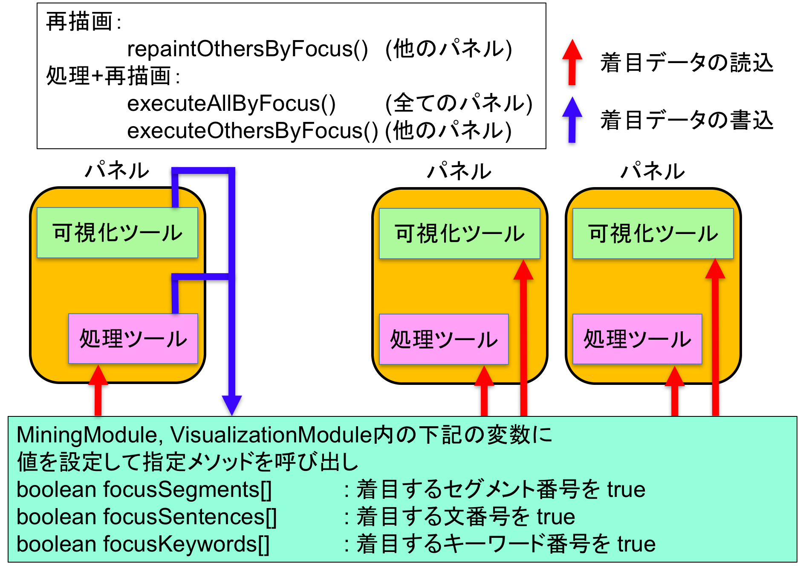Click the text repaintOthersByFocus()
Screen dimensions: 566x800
coord(247,49)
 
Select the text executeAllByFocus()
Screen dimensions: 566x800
coord(231,104)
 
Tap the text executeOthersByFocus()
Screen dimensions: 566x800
coord(252,130)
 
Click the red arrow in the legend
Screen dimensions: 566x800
coord(572,62)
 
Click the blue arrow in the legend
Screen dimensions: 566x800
coord(572,119)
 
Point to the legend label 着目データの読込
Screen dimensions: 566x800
coord(686,63)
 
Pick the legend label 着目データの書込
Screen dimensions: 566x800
coord(686,120)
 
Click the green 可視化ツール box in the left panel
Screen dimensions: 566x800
coord(117,233)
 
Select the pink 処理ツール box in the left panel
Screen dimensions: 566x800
coord(133,339)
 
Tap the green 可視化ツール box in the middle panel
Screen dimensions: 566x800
coord(459,234)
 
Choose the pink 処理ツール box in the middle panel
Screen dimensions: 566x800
coord(443,339)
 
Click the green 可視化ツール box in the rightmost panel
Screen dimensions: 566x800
coord(653,234)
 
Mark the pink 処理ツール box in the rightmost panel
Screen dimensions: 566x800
coord(637,339)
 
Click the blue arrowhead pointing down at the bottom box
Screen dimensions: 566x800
coord(231,404)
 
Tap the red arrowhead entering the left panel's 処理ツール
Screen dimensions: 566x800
coord(98,375)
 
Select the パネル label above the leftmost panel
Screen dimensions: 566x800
coord(117,170)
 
